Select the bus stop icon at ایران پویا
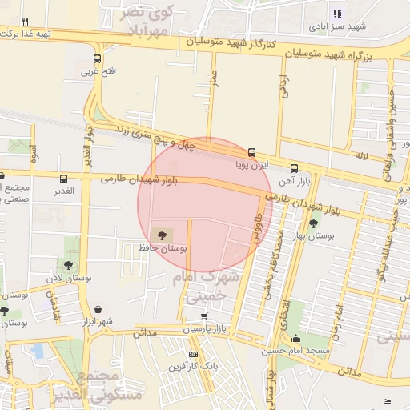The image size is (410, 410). [251, 151]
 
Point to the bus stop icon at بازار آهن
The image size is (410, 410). [295, 168]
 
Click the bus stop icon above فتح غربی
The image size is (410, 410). [97, 58]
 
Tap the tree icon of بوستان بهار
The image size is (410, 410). [313, 223]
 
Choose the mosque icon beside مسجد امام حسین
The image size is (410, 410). [297, 339]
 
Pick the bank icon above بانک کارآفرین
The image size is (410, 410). [193, 354]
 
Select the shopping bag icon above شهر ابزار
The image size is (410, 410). [98, 309]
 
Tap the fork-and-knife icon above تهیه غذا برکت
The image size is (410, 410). [26, 22]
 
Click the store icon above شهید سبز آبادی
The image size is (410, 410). [337, 14]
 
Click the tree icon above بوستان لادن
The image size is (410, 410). [68, 264]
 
